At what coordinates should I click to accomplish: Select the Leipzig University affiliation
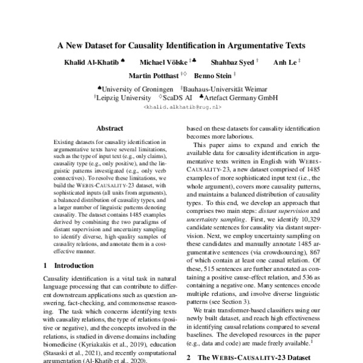pos(124,97)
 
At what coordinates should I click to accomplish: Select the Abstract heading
pos(110,128)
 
